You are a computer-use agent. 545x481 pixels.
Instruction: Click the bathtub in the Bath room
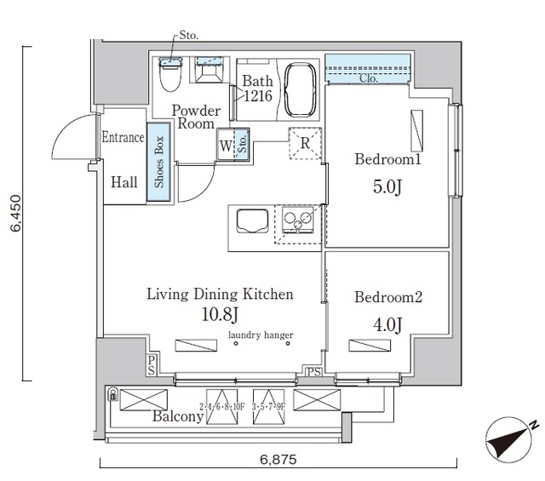click(299, 89)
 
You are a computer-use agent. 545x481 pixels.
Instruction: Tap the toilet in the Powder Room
click(169, 77)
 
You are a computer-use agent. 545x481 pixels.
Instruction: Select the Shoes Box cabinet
click(158, 163)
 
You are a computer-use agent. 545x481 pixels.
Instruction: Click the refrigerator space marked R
click(304, 142)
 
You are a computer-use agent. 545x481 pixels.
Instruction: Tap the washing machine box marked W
click(227, 145)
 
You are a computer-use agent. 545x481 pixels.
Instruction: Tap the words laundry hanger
click(259, 335)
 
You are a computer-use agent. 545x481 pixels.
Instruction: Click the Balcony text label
click(178, 416)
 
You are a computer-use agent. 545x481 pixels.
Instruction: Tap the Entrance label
click(123, 137)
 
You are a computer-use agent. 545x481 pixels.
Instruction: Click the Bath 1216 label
click(257, 89)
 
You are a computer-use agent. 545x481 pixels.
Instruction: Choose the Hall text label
click(123, 180)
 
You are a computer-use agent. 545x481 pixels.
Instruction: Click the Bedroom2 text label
click(388, 298)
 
